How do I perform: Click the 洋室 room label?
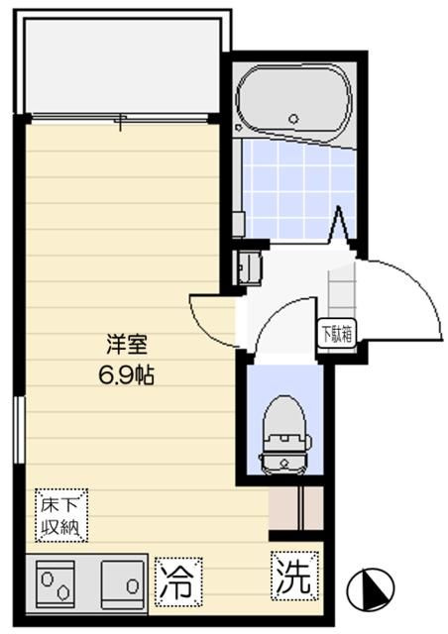[x=127, y=347]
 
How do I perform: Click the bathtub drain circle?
[x=295, y=120]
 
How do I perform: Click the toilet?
[x=283, y=430]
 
